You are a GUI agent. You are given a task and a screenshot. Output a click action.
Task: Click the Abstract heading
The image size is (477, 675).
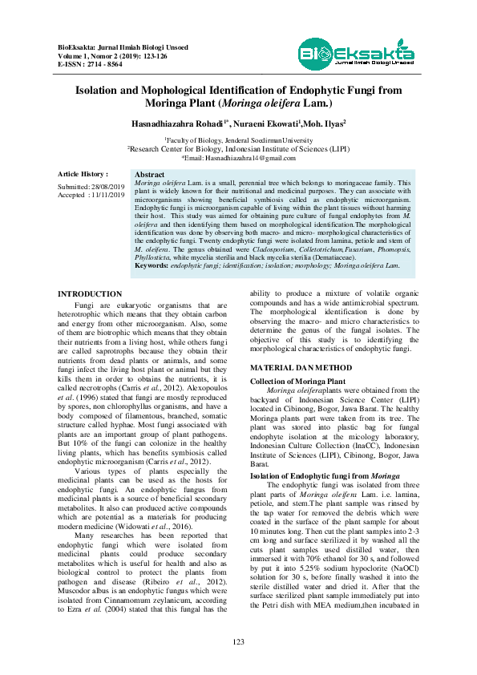pyautogui.click(x=150, y=175)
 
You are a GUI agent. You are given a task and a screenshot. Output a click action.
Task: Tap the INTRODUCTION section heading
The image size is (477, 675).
pyautogui.click(x=90, y=295)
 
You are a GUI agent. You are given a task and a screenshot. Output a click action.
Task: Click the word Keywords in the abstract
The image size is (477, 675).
pyautogui.click(x=151, y=265)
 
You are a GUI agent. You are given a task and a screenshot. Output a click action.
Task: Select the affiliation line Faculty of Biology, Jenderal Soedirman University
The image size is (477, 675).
pyautogui.click(x=238, y=139)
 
